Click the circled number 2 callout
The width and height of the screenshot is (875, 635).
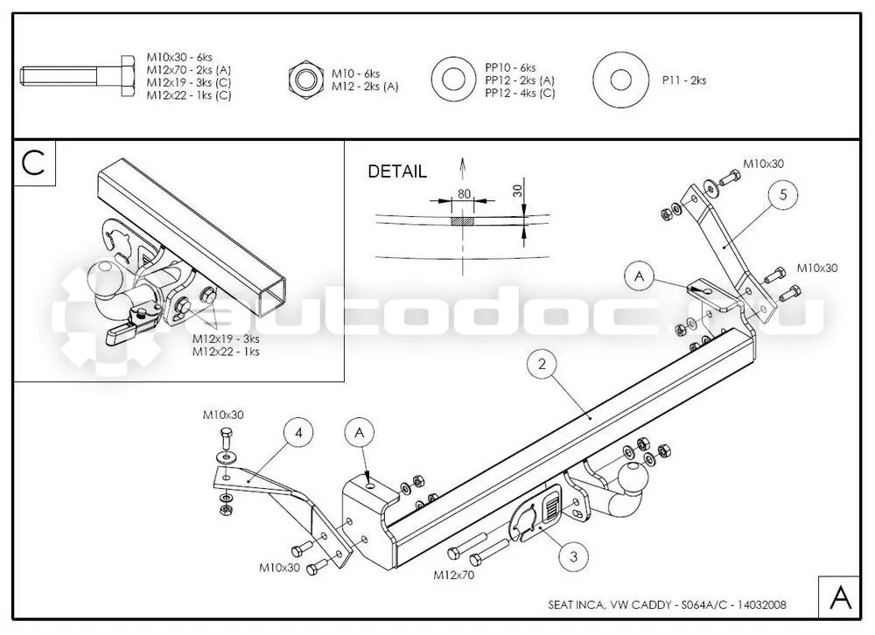point(542,365)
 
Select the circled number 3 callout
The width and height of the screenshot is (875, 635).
point(574,555)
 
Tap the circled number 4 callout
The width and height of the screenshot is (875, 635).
point(299,433)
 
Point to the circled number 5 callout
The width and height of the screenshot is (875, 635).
point(783,195)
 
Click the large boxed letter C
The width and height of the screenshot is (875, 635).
point(33,163)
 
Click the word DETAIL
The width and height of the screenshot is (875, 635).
point(396,171)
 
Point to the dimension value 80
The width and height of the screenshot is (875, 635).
point(464,194)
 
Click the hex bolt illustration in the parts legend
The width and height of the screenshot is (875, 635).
point(78,76)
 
